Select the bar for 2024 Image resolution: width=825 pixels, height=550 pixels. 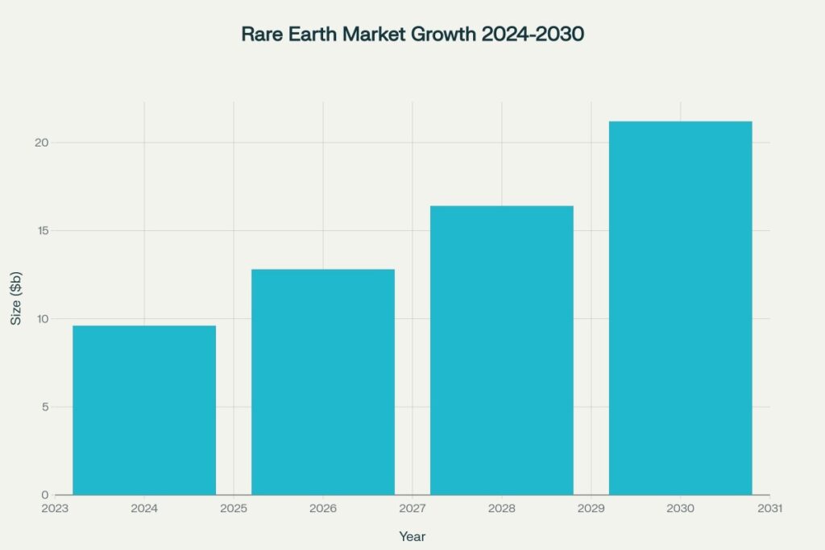click(144, 410)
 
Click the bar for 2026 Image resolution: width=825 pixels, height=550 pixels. click(323, 382)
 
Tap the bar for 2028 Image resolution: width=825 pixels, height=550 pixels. click(502, 350)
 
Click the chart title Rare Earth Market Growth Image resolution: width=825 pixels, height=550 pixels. click(412, 35)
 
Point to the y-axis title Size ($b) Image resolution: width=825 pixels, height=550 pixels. click(17, 298)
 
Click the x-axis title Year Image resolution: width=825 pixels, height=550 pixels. click(412, 536)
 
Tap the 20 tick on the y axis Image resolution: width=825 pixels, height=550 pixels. click(41, 143)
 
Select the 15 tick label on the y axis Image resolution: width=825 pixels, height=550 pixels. click(41, 231)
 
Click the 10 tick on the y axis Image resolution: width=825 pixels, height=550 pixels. click(41, 319)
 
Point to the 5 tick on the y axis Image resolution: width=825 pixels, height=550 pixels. click(45, 407)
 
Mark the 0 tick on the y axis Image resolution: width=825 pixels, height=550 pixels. click(45, 494)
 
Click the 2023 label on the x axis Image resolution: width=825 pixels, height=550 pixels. click(55, 509)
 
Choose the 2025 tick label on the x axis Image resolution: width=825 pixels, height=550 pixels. click(234, 509)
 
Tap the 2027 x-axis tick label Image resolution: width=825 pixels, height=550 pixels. click(412, 509)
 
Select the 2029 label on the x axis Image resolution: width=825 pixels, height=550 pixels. click(591, 509)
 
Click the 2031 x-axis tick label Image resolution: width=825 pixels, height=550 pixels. click(769, 509)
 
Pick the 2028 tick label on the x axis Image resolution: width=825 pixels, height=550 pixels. click(502, 509)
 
